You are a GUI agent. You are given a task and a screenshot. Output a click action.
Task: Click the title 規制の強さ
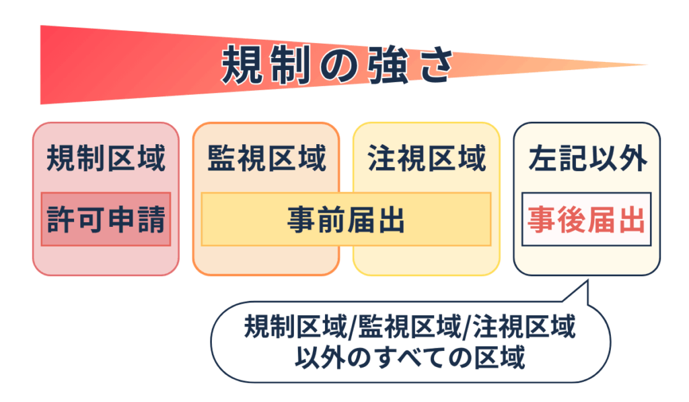tap(338, 65)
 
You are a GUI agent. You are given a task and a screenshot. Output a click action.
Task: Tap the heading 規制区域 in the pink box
tap(106, 158)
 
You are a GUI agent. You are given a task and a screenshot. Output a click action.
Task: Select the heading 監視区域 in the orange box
tap(266, 158)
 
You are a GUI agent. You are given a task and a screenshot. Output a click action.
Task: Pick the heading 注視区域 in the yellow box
tap(427, 158)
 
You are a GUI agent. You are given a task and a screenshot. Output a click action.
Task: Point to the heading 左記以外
tap(587, 158)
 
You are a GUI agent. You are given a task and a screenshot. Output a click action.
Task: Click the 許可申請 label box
tap(106, 219)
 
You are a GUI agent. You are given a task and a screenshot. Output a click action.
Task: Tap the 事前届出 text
tap(346, 220)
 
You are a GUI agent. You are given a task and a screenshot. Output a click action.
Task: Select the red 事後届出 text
tap(586, 220)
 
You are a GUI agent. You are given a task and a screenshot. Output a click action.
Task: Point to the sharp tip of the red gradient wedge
tap(648, 65)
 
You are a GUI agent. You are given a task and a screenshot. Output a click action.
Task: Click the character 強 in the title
tap(388, 65)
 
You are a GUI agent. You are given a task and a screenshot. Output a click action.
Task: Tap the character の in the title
tap(338, 66)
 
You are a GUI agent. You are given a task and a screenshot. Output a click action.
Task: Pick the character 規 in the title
tap(241, 65)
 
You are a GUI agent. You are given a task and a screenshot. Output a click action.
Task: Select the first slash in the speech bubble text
tap(353, 328)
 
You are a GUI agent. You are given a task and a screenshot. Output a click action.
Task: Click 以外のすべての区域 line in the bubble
tap(410, 357)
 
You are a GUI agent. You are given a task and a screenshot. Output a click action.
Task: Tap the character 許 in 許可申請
tap(61, 220)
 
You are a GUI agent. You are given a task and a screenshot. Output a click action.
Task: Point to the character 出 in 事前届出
tap(391, 220)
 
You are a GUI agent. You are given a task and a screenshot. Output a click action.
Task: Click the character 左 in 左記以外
tap(543, 158)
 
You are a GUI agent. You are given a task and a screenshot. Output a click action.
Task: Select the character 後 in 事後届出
tap(572, 220)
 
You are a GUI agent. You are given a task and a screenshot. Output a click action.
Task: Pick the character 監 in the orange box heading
tap(221, 158)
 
